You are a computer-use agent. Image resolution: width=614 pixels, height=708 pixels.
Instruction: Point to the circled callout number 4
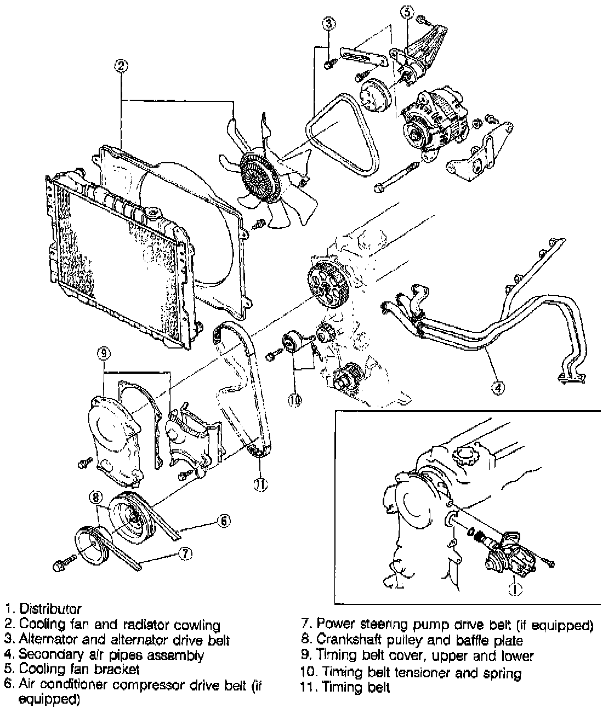497,388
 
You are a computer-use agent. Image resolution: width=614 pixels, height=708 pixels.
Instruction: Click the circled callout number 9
104,353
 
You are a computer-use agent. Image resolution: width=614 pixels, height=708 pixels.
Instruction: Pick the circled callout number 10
294,401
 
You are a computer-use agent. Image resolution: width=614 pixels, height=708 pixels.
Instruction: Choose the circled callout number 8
96,498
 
